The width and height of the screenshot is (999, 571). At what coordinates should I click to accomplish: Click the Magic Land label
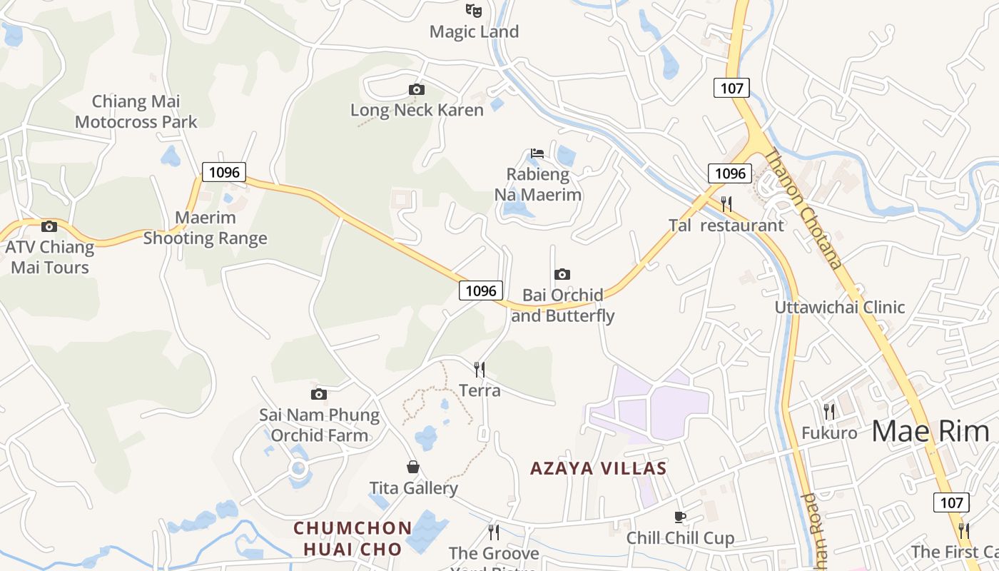474,32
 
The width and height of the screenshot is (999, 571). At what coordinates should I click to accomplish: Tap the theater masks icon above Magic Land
474,10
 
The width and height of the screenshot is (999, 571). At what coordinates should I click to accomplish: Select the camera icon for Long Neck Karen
417,89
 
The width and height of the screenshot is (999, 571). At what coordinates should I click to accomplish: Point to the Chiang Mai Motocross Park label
136,111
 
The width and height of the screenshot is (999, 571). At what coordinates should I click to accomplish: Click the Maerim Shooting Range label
206,228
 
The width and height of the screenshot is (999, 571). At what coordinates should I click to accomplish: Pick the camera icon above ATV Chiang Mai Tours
49,226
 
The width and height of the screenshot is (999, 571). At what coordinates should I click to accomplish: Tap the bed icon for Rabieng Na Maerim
537,153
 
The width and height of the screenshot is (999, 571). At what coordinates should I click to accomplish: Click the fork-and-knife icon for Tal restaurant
726,203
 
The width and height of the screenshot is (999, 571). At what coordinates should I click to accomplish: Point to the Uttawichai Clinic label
840,308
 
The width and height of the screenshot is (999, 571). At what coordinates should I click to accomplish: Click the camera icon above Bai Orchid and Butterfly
562,274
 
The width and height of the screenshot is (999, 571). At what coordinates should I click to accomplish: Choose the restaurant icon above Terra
480,369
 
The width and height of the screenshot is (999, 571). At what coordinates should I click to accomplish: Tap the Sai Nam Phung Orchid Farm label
319,425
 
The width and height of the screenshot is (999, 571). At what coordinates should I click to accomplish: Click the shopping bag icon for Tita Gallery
413,467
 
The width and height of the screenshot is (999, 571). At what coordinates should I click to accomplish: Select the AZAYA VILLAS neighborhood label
598,469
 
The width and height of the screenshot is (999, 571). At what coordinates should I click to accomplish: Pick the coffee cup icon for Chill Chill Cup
680,516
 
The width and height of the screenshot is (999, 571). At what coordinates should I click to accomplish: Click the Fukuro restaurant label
829,433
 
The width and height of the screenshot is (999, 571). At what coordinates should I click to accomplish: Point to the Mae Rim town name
930,431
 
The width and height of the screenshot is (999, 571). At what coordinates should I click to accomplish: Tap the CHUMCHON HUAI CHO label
353,538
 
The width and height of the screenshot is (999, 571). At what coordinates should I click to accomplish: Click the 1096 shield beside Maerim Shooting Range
224,172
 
